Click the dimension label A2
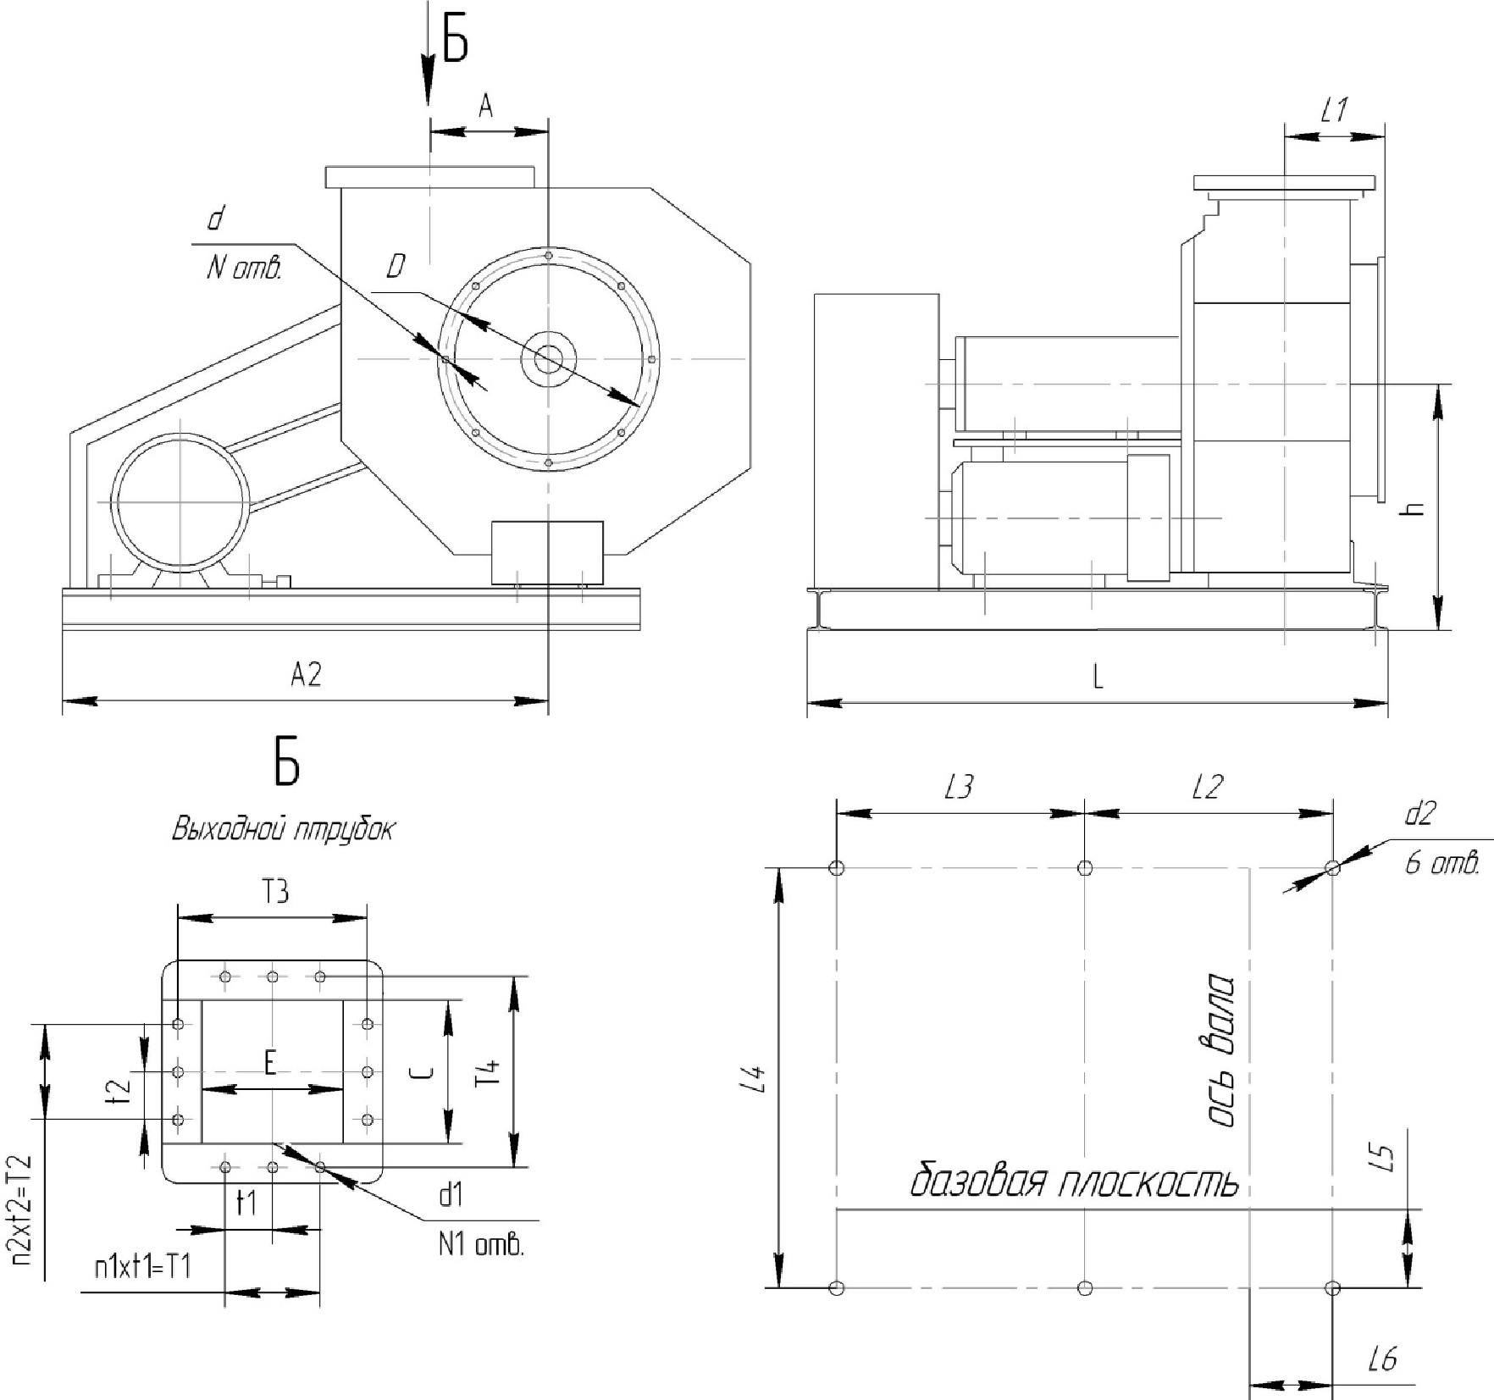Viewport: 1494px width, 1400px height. (306, 674)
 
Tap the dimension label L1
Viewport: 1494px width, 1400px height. (1335, 109)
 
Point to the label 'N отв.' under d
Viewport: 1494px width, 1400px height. (243, 268)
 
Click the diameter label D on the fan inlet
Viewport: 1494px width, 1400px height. (396, 268)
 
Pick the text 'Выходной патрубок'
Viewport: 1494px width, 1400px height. (283, 829)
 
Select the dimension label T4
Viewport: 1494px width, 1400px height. (489, 1073)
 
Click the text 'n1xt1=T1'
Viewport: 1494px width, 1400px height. (142, 1267)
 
